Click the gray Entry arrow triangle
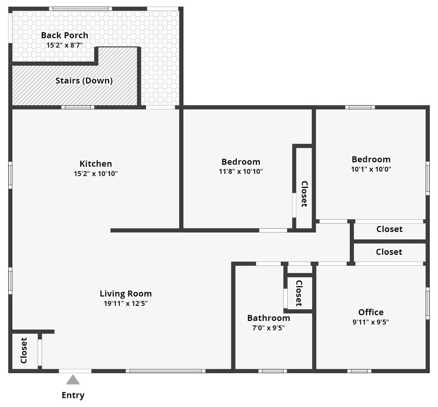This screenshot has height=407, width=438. (73, 380)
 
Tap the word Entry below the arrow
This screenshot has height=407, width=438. (73, 395)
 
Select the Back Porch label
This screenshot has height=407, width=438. (64, 35)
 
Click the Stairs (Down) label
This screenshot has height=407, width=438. (84, 81)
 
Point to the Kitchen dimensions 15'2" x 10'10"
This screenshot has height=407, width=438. (96, 174)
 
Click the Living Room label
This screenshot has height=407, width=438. (125, 294)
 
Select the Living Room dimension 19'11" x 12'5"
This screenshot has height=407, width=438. (125, 304)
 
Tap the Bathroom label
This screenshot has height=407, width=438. (268, 318)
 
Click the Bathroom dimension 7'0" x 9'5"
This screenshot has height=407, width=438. (268, 327)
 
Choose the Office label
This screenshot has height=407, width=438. (370, 312)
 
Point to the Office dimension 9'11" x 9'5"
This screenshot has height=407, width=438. (370, 322)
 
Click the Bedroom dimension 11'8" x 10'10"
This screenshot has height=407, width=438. (241, 171)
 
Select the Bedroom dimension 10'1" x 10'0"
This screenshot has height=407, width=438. (371, 169)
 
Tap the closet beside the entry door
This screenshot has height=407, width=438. (24, 350)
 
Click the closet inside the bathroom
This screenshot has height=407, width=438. (299, 293)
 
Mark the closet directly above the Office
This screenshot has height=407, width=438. (389, 252)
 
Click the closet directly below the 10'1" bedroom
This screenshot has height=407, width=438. (389, 229)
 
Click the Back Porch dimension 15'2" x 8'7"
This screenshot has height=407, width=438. (64, 45)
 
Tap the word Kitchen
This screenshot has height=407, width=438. (96, 164)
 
